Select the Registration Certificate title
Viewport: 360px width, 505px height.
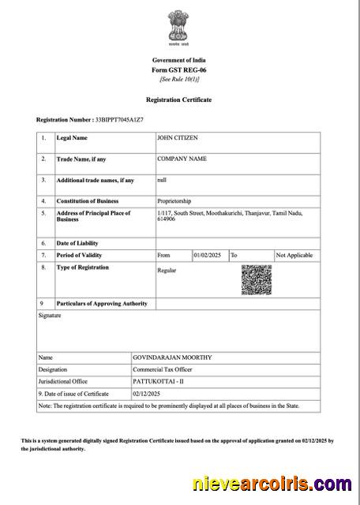(178, 100)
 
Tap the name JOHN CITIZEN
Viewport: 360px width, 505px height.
(178, 138)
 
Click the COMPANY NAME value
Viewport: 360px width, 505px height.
(182, 159)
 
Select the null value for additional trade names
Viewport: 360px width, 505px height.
(162, 179)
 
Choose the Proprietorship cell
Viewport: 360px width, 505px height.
(174, 200)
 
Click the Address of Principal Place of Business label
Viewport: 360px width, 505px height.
(93, 215)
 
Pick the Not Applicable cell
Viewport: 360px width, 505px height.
(294, 256)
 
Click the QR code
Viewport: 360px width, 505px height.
(256, 280)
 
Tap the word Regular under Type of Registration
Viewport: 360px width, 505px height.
(167, 271)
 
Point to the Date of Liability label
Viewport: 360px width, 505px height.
(77, 243)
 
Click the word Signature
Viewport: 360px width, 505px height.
(50, 316)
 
